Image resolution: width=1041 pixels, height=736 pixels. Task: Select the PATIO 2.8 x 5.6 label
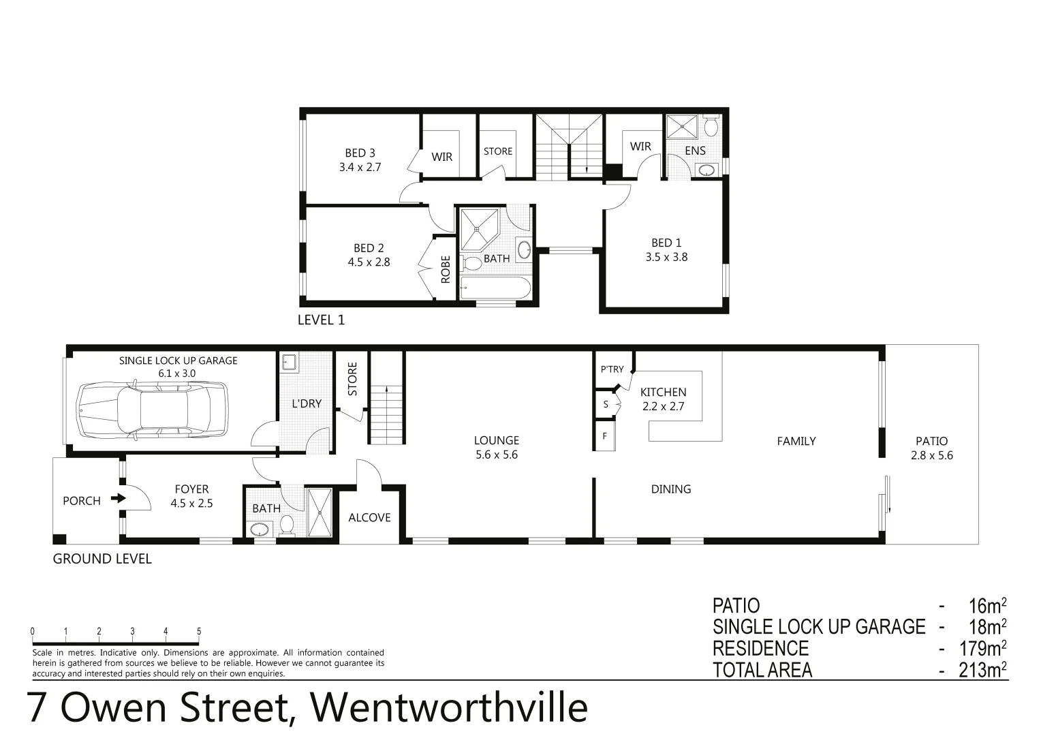[x=931, y=448]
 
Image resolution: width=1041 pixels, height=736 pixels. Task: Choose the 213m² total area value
[x=982, y=670]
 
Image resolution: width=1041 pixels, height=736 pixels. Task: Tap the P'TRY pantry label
[x=612, y=369]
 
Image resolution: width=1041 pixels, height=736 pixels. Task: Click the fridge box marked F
[x=605, y=436]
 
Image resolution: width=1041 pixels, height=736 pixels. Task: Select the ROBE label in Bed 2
[x=446, y=269]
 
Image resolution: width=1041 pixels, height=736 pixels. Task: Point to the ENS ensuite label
[x=695, y=151]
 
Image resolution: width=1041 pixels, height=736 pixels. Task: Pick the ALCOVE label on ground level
[x=369, y=518]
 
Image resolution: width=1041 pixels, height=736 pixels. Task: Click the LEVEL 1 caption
[x=322, y=320]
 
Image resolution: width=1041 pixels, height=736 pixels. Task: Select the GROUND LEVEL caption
[x=102, y=559]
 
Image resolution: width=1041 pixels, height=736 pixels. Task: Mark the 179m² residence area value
[x=982, y=648]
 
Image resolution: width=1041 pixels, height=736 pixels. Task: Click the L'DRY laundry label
[x=307, y=403]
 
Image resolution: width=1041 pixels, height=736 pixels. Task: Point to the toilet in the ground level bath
[x=287, y=525]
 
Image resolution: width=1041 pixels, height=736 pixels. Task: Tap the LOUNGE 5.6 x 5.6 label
[x=497, y=448]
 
